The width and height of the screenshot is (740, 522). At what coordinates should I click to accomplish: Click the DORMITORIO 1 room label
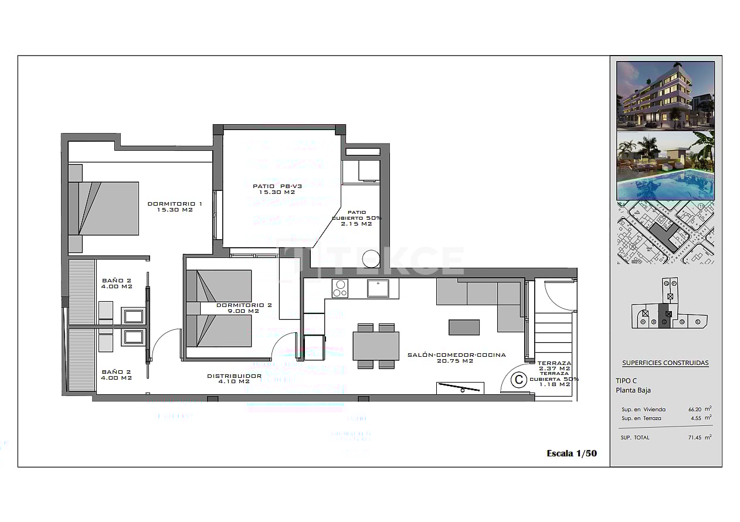[175, 206]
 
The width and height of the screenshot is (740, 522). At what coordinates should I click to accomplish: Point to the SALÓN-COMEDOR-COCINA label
[456, 357]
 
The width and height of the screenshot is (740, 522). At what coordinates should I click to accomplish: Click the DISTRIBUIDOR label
[234, 378]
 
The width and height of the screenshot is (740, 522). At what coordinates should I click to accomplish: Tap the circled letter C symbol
[518, 380]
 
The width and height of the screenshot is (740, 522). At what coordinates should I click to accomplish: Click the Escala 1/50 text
[571, 453]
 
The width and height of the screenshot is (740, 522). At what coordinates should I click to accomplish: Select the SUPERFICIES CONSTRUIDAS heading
[665, 363]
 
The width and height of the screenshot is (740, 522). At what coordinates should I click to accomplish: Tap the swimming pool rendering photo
[666, 166]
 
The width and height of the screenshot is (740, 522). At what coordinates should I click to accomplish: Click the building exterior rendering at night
[666, 95]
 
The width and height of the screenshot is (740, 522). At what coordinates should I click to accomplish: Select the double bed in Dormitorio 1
[104, 209]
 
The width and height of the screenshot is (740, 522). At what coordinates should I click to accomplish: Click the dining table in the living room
[376, 346]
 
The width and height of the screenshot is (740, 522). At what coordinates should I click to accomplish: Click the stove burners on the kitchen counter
[340, 288]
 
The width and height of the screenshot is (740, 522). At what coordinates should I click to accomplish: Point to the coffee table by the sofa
[464, 327]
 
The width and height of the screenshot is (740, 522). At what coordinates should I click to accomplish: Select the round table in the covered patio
[372, 258]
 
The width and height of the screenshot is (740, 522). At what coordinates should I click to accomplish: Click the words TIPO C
[626, 380]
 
